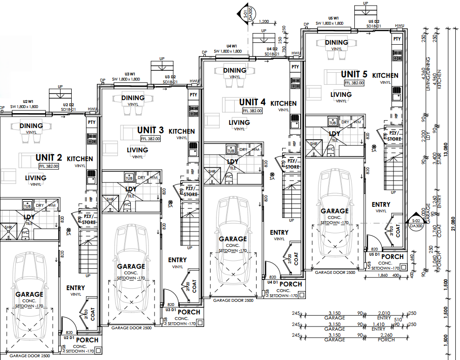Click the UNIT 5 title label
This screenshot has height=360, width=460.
(354, 75)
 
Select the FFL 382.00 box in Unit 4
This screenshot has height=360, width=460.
(252, 111)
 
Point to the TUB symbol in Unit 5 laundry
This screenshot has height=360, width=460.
(333, 122)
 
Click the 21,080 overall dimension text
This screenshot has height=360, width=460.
(452, 226)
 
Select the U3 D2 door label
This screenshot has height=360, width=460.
(170, 77)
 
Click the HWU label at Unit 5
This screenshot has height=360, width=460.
(399, 26)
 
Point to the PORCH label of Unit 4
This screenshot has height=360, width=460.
(291, 284)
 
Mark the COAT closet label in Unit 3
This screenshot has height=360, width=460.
(194, 285)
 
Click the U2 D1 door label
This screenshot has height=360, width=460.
(69, 337)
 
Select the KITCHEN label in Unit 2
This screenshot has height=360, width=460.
(80, 159)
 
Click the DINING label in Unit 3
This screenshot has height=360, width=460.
(133, 98)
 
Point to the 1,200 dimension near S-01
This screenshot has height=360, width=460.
(264, 22)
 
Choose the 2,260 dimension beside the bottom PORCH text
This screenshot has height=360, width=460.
(386, 335)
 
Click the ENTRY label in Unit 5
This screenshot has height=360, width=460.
(381, 204)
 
